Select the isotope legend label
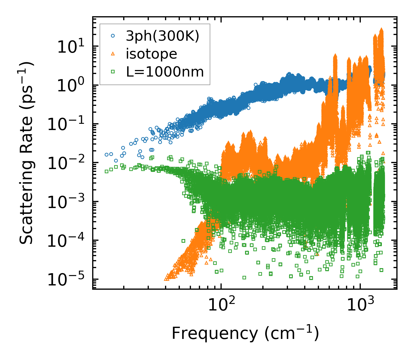[151, 54]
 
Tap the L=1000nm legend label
[165, 72]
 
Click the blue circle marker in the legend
[113, 36]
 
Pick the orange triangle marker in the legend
[113, 54]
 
